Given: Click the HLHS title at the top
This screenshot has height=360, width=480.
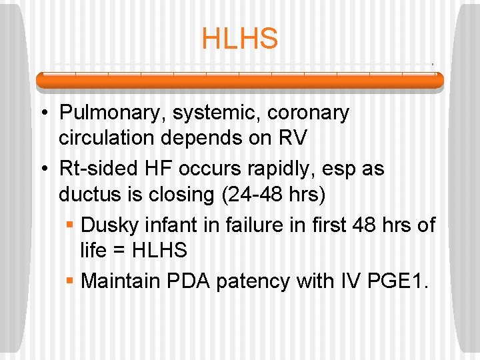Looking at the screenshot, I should click(x=239, y=39).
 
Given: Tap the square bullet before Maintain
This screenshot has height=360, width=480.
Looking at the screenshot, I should click(x=69, y=281).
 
